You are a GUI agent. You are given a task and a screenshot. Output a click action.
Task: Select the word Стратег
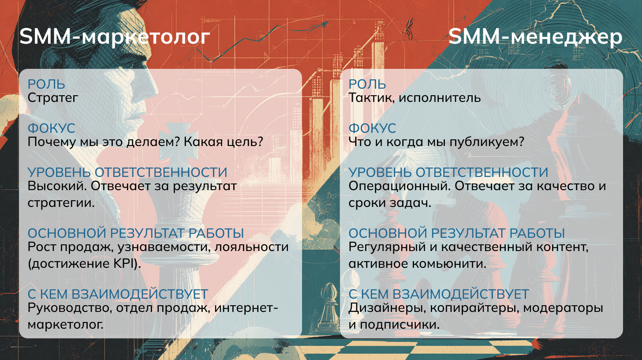[53, 98]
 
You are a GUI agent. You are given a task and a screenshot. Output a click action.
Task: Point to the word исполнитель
[440, 98]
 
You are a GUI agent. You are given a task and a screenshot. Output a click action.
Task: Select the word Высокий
[57, 187]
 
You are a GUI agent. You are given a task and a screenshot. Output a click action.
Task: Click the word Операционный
[399, 187]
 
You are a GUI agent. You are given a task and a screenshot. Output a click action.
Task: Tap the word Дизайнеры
[387, 308]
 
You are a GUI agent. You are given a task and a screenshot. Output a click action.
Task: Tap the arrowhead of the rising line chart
[325, 24]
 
